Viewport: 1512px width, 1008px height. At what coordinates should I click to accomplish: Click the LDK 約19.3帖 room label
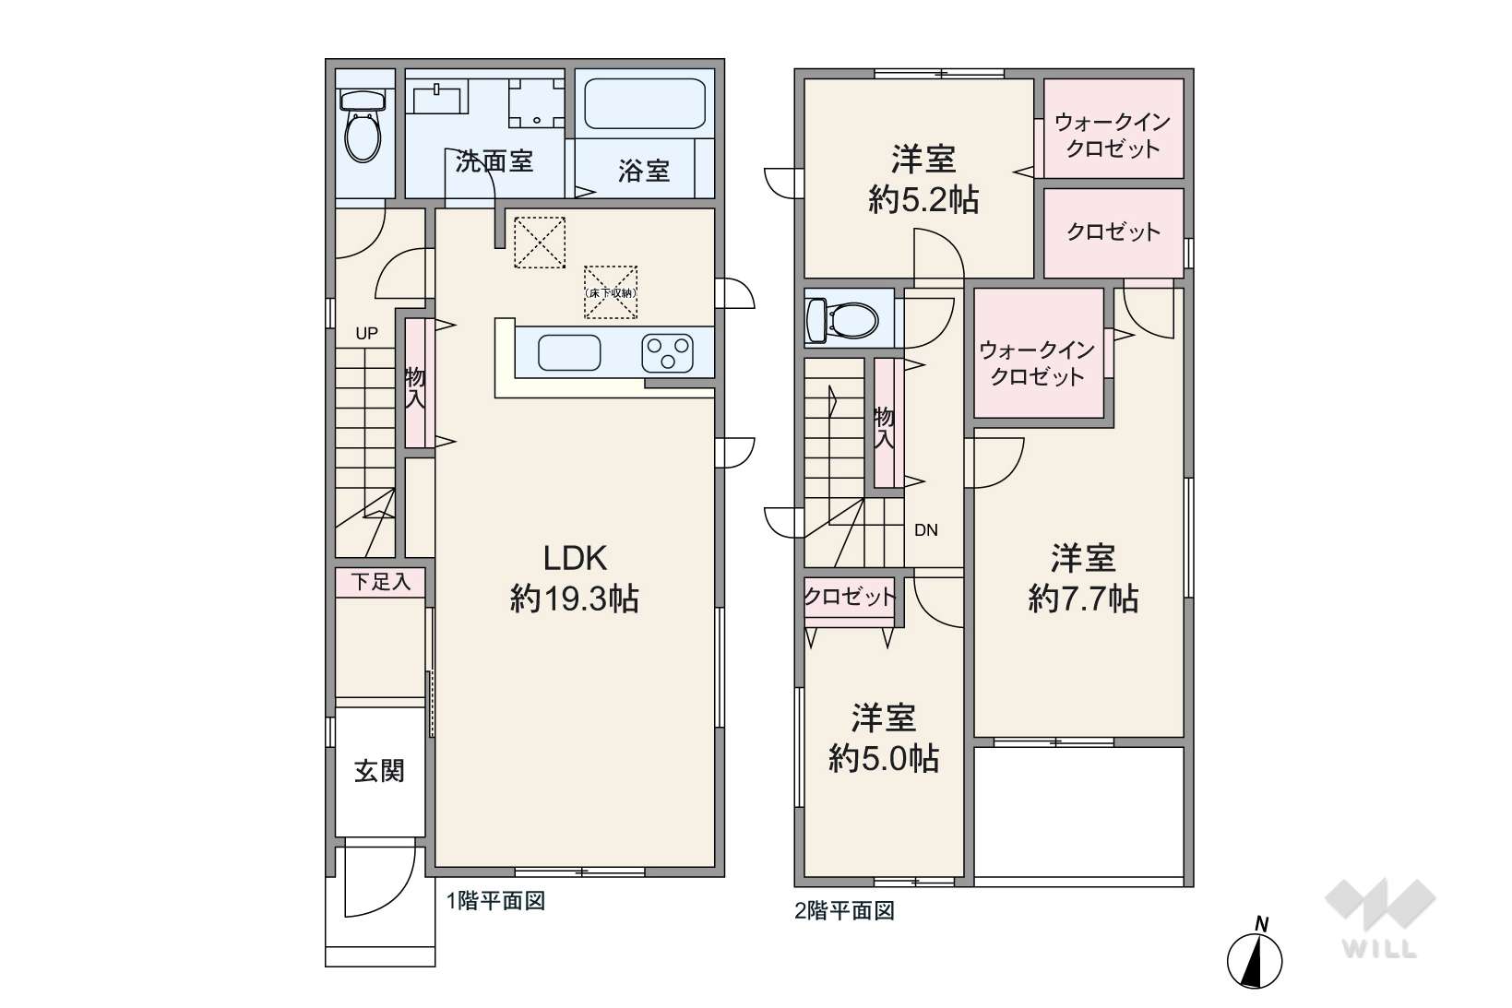click(x=574, y=578)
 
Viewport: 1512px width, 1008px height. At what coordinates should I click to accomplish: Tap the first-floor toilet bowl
click(x=363, y=126)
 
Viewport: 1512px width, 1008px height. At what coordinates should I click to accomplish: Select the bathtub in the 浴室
click(x=645, y=104)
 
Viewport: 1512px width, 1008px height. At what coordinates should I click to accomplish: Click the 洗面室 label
click(x=494, y=161)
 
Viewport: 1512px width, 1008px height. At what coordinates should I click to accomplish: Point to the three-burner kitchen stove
click(x=668, y=353)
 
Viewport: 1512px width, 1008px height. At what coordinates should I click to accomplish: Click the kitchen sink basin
click(x=569, y=353)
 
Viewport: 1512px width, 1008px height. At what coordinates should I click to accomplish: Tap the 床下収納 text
click(x=610, y=293)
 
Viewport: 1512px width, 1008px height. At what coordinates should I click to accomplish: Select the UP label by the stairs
click(x=366, y=333)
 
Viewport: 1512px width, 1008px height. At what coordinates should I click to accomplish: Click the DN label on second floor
click(x=926, y=530)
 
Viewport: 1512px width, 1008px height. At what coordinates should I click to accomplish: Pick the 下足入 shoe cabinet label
click(x=381, y=582)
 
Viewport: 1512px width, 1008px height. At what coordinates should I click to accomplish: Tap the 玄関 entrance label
click(x=379, y=771)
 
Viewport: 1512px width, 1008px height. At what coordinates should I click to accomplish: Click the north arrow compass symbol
click(x=1254, y=955)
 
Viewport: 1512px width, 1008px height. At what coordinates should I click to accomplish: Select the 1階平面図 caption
click(x=496, y=901)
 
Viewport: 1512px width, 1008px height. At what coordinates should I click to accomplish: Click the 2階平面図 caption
click(x=844, y=911)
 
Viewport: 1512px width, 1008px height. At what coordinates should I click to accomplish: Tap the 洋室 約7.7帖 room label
click(x=1083, y=578)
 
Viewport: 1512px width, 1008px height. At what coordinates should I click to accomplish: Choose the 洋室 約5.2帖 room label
click(x=923, y=180)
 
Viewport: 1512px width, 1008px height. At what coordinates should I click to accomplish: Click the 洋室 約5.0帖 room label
click(x=884, y=738)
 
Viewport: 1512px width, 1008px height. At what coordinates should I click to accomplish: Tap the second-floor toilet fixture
click(x=842, y=318)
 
